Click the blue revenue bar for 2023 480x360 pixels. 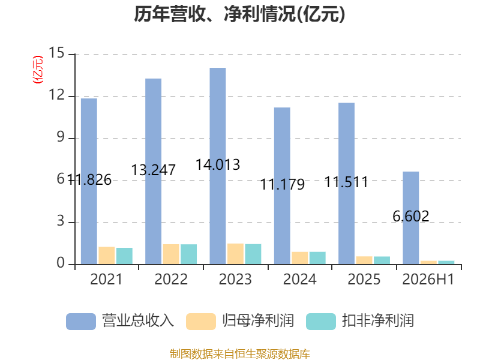(218, 166)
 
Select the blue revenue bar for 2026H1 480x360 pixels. (411, 218)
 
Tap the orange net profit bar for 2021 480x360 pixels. (107, 256)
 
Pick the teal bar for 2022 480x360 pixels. (188, 254)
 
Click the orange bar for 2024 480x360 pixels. (299, 258)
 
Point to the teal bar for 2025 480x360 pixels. (382, 260)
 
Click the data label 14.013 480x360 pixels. (218, 164)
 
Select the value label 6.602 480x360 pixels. (411, 217)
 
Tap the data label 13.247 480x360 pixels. (154, 170)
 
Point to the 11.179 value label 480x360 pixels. (282, 185)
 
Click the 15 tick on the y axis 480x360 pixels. (56, 53)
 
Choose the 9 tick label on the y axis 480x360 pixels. (61, 137)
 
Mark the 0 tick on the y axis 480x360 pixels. (61, 263)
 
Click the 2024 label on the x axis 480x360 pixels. (299, 279)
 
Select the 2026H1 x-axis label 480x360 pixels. (428, 279)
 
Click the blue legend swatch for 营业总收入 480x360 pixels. (81, 322)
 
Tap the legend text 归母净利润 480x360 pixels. (258, 321)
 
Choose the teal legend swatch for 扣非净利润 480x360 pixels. (321, 322)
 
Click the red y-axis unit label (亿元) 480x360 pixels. (38, 70)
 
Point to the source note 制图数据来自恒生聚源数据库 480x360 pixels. (240, 354)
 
